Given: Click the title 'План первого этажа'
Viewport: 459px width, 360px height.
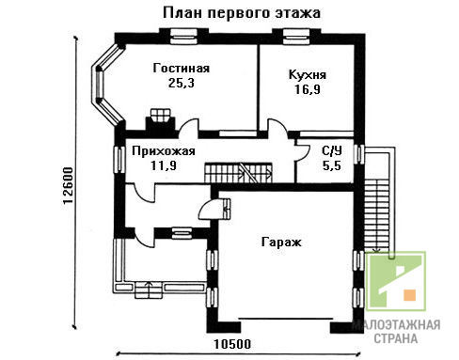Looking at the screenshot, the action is coord(242,14).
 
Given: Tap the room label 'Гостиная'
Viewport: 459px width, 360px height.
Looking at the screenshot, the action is coord(182,68).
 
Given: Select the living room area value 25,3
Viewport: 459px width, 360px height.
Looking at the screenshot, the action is coord(182,83).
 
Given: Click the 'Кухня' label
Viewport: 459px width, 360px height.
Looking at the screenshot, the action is coord(308,75).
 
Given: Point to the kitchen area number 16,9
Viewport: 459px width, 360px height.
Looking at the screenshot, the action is coord(308,89).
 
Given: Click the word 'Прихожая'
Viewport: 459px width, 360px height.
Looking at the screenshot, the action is coord(164,151).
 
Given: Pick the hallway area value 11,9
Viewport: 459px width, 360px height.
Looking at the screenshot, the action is coord(164,165).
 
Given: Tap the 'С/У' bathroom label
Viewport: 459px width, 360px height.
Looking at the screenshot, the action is coord(332,151).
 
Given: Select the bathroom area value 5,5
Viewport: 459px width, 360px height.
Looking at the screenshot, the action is coord(332,165).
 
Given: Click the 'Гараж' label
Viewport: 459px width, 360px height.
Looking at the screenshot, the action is coord(281,243).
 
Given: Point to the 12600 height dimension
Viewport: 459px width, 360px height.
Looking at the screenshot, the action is coord(68,186).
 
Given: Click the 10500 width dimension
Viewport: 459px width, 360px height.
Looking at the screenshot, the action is coord(232,344).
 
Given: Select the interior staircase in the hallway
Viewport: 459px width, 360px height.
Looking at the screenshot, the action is coord(238,173).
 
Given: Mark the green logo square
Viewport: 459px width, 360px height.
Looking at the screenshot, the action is coord(396,281).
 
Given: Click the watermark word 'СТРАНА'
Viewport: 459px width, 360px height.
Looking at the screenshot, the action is coord(396,338).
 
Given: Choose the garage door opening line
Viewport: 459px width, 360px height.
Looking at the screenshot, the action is coord(285,319).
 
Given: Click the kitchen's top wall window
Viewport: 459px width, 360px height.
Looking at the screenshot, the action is coord(296,37).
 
